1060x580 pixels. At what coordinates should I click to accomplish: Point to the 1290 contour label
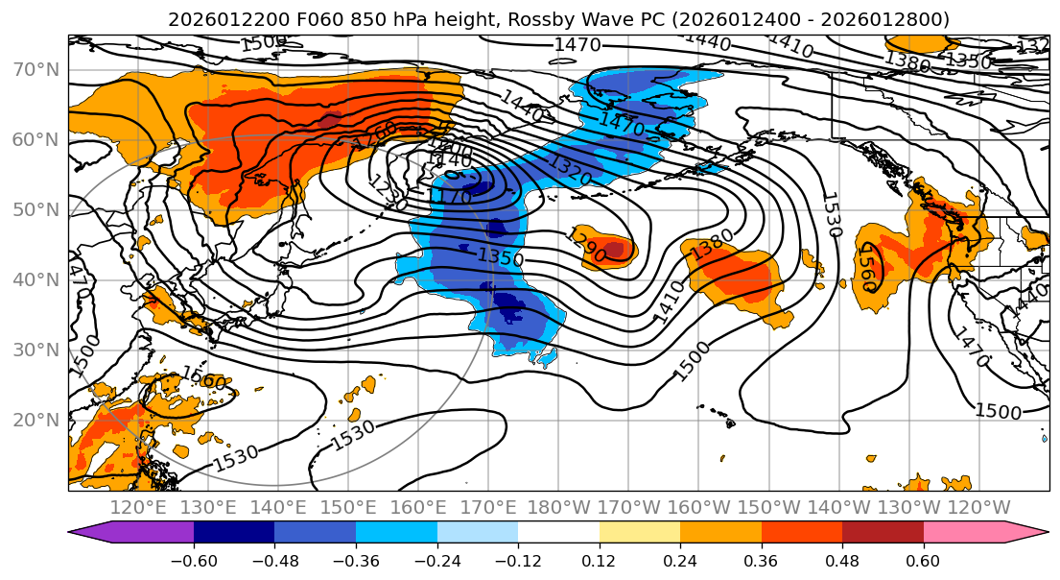pos(586,245)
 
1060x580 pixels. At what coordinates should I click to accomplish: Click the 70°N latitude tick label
pos(39,69)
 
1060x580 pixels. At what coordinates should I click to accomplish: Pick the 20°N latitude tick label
pos(39,420)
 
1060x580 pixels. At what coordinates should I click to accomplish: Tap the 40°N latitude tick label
pos(39,279)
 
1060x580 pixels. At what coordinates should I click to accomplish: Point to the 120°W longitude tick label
pos(978,508)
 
